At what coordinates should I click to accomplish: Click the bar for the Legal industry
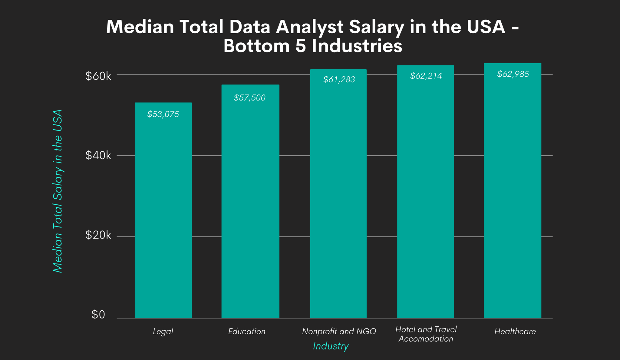163,212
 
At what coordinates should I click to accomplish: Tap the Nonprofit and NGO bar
338,197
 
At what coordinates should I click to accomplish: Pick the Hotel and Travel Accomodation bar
425,194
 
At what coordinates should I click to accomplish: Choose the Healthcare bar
512,194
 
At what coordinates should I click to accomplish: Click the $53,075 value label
163,114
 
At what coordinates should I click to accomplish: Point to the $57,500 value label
249,98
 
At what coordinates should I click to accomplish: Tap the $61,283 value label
339,80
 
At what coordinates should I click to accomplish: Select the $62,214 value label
426,76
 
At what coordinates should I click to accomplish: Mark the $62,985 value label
513,74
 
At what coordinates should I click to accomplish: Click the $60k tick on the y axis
98,76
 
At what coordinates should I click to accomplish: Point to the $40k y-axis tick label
98,156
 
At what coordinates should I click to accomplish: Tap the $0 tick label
98,315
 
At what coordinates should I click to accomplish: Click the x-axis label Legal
163,332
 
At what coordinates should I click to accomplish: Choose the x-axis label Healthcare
515,332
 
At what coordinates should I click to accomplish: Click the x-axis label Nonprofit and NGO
339,332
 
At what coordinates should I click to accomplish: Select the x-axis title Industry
331,346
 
